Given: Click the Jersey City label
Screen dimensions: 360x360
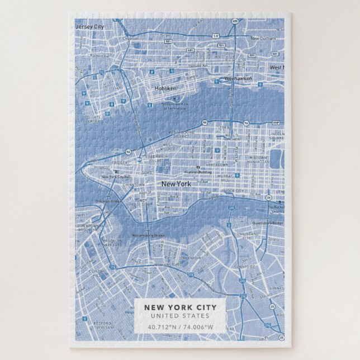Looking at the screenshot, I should [90, 26].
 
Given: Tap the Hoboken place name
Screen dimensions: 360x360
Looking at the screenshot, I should [166, 88].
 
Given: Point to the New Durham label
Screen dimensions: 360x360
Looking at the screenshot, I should [263, 39].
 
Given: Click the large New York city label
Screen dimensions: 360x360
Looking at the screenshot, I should [176, 183].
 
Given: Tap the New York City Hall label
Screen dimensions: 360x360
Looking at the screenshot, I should [115, 177].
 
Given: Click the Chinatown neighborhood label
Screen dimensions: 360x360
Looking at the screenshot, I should [133, 184].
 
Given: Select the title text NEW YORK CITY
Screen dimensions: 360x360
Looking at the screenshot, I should [179, 307].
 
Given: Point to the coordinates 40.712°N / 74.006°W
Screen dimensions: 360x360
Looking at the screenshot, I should [179, 328].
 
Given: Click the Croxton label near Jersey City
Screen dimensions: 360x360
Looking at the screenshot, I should [130, 39].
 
